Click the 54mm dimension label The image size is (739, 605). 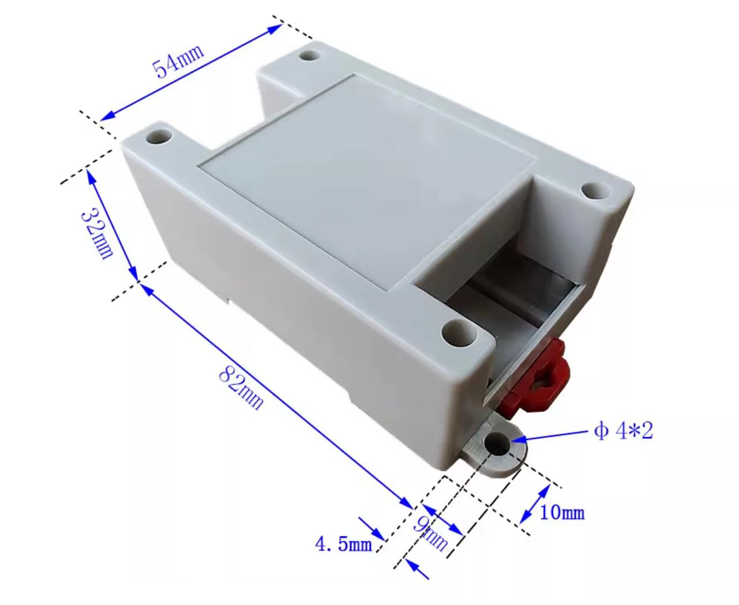click(178, 61)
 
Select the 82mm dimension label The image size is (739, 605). click(241, 390)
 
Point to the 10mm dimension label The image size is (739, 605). click(561, 512)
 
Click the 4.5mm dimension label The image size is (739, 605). click(343, 543)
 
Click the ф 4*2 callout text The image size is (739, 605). click(624, 431)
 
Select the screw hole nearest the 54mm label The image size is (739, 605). click(310, 56)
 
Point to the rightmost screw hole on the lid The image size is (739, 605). click(594, 190)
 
